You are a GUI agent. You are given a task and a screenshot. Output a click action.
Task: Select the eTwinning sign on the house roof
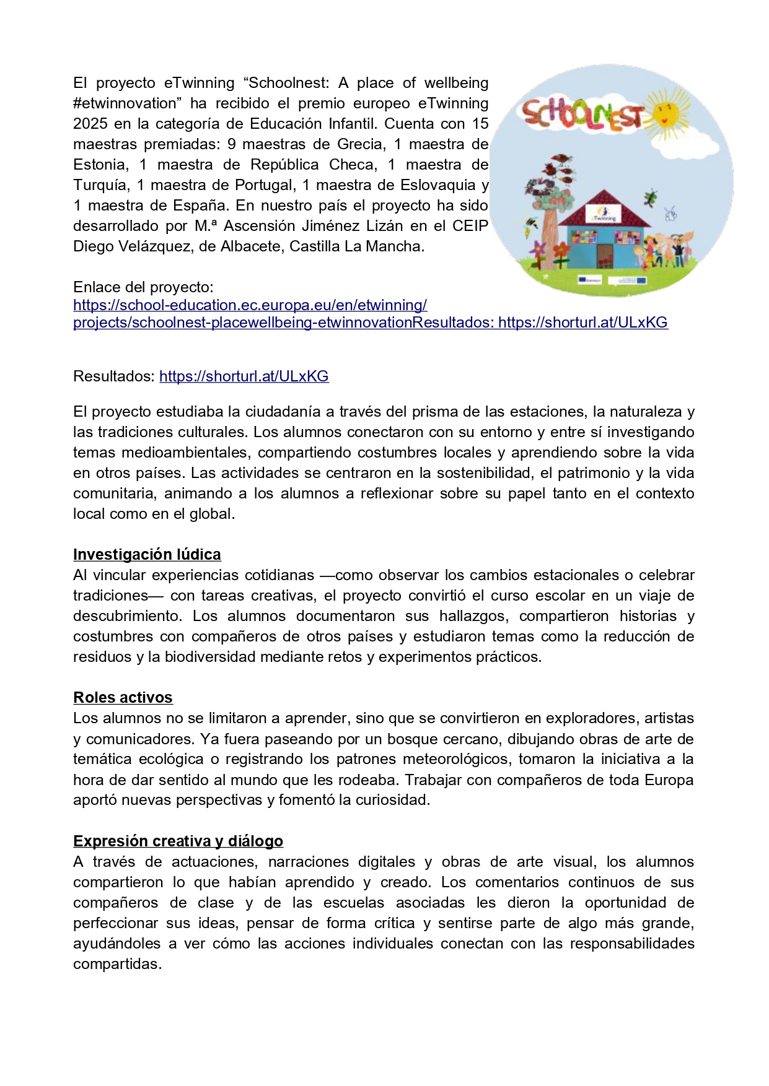(603, 215)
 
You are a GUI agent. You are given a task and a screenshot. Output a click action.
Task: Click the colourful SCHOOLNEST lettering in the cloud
(582, 116)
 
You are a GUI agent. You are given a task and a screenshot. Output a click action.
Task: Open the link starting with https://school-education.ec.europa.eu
(250, 305)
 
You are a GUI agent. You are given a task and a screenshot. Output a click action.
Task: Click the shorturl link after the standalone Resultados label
(244, 376)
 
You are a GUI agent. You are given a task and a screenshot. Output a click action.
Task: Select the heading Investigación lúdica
(147, 554)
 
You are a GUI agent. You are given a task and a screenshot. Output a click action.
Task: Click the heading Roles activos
(123, 698)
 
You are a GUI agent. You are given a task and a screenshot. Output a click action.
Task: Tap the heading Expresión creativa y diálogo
(178, 841)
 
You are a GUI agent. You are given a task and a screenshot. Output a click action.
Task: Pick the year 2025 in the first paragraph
(90, 123)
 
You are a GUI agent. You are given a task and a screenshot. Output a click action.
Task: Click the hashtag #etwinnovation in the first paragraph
(125, 103)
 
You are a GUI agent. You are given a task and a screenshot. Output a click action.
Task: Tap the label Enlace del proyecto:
(143, 287)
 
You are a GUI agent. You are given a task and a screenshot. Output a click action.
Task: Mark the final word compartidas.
(117, 964)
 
